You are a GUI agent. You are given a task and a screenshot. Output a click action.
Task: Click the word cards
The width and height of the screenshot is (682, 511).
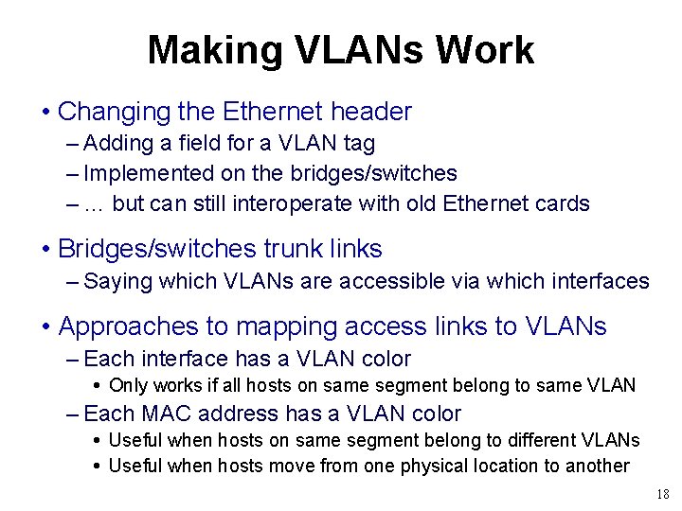tap(563, 203)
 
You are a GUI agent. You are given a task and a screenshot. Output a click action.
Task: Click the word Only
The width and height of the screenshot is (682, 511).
tap(128, 385)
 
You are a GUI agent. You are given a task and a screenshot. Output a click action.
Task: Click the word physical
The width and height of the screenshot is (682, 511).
tap(416, 466)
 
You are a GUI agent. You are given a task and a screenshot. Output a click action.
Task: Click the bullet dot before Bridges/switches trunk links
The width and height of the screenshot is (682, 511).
tap(45, 250)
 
